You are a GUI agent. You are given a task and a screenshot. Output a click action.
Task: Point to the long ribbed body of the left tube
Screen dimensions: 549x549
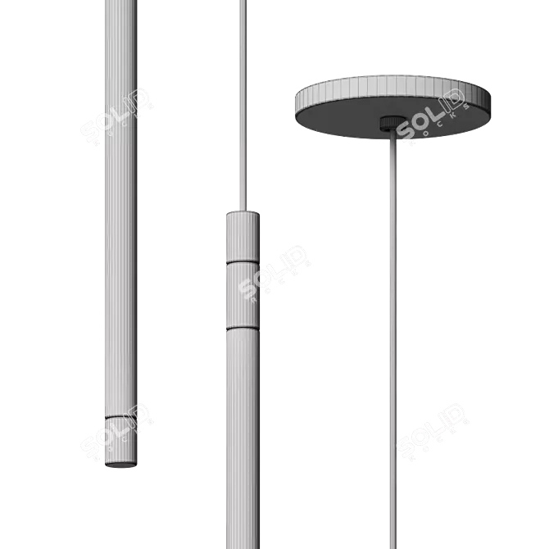coord(117,246)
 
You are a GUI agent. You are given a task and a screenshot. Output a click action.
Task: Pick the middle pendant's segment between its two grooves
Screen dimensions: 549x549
coord(242,294)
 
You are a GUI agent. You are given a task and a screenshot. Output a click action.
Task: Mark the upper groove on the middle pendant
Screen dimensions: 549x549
coord(242,263)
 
